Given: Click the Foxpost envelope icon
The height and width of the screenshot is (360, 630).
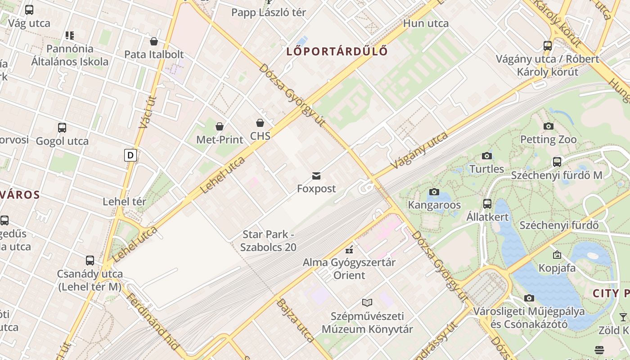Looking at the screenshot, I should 316,175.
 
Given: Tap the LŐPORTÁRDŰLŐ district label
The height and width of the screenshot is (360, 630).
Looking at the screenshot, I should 337,51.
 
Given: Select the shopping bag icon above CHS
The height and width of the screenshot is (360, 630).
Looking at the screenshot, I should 260,123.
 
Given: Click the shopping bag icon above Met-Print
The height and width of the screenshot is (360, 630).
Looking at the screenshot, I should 220,126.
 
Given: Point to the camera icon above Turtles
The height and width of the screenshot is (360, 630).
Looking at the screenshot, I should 486,156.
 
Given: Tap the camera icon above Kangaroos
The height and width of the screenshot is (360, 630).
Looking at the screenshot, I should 434,192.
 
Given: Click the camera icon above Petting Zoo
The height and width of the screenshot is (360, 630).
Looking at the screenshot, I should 548,126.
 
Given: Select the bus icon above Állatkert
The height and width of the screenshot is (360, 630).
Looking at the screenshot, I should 487,204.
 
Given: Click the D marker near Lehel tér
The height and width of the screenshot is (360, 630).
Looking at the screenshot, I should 130,156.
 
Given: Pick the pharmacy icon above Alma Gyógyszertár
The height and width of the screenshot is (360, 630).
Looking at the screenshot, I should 349,249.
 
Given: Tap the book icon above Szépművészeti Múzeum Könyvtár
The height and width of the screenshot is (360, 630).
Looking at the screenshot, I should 367,303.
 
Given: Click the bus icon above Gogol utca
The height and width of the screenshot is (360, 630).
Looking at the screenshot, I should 62,128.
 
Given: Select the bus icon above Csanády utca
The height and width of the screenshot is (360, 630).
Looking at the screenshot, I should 90,261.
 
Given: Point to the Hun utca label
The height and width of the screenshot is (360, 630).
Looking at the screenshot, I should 426,23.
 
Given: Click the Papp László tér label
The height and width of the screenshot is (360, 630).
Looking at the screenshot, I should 269,13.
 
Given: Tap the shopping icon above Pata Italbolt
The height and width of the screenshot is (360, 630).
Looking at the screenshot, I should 154,42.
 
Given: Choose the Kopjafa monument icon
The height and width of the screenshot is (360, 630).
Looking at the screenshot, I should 557,255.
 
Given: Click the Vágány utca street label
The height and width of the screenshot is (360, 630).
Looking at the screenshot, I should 419,151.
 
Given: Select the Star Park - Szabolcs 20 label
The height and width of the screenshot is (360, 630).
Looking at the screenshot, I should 269,241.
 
